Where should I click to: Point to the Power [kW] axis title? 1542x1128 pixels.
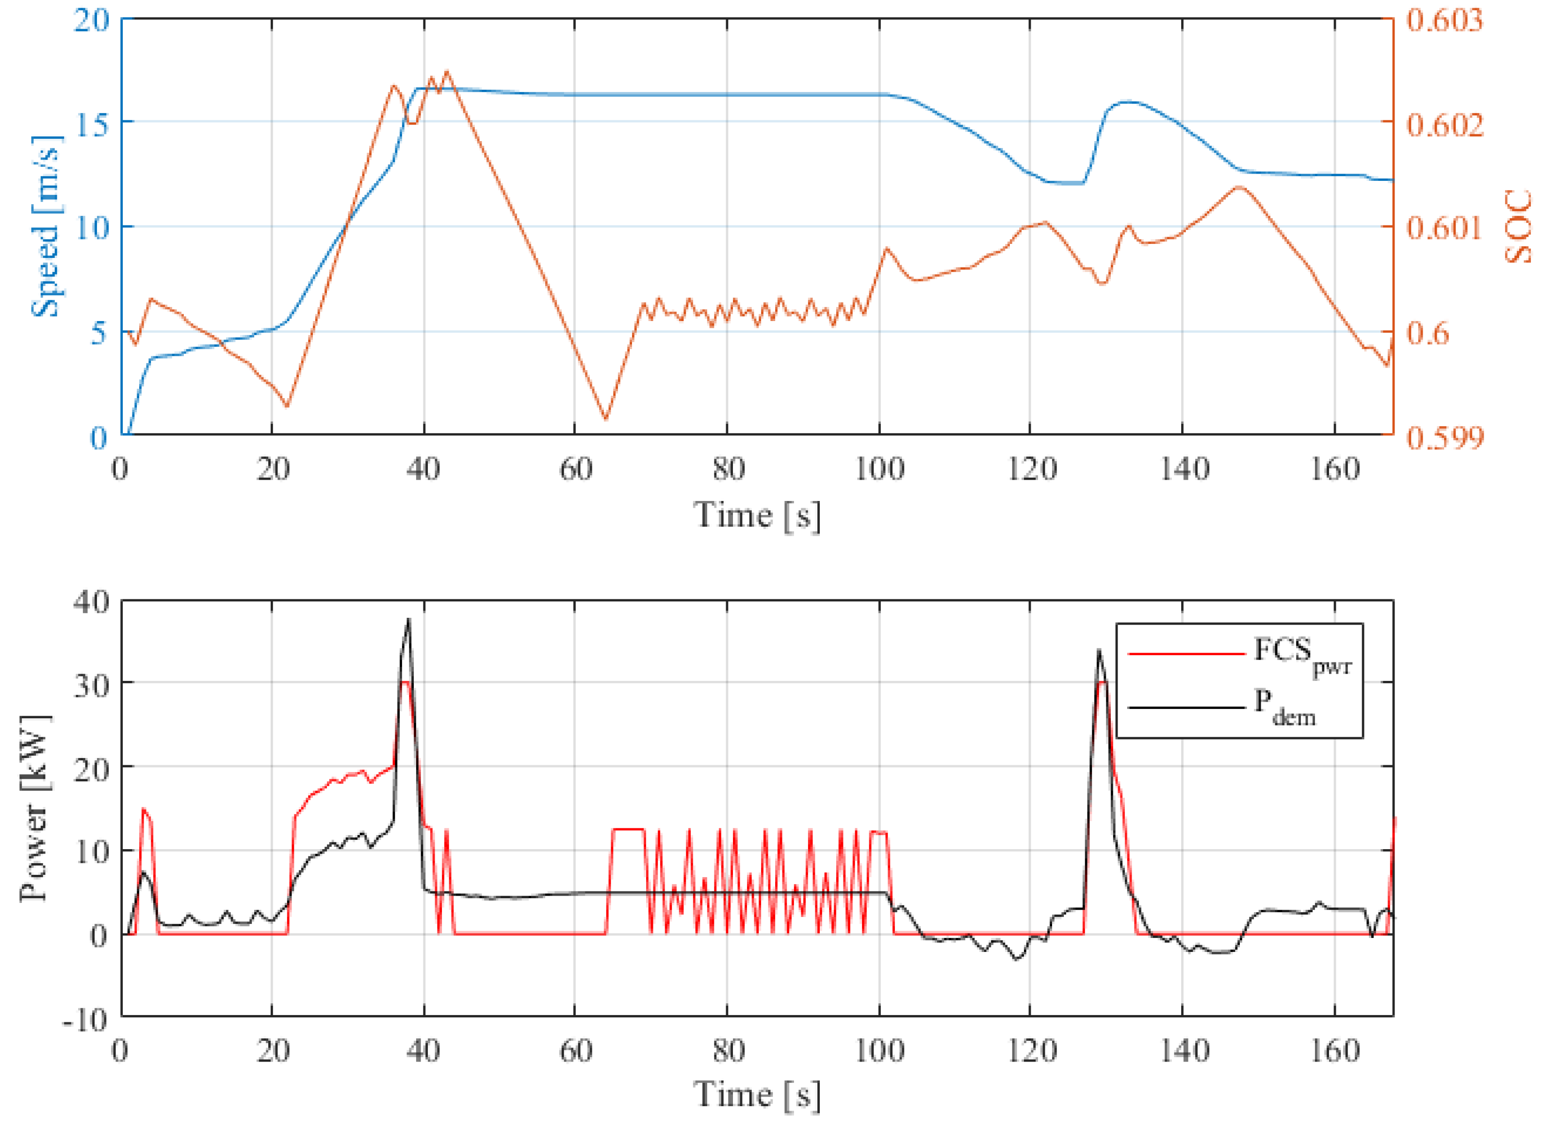click(x=34, y=808)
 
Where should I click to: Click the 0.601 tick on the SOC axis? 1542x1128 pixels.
click(x=1445, y=227)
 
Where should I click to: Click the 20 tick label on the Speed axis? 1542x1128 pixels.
click(x=92, y=20)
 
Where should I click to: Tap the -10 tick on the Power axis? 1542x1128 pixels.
click(x=86, y=1020)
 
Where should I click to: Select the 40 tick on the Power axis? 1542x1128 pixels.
click(x=92, y=602)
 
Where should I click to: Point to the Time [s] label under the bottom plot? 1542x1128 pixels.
click(x=757, y=1095)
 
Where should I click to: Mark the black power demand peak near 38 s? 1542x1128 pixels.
click(x=408, y=620)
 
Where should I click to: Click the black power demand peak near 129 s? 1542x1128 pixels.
click(x=1099, y=650)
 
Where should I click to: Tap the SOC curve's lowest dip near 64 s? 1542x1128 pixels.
click(x=605, y=419)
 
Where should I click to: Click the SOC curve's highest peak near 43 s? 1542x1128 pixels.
click(x=447, y=71)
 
